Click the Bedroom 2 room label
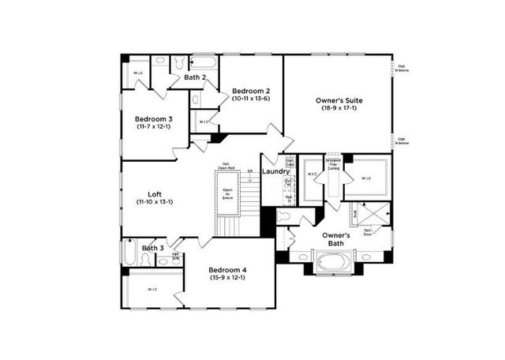click(x=250, y=90)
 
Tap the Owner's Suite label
click(x=339, y=100)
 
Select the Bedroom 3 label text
click(x=154, y=118)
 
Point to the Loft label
click(x=154, y=194)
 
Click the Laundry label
click(x=275, y=171)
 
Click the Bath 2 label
click(x=196, y=77)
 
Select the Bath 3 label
click(x=153, y=248)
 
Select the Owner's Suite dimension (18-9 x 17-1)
click(x=339, y=110)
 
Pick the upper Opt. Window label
click(x=403, y=68)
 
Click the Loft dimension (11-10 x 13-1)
click(x=154, y=203)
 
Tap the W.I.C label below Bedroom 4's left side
click(x=152, y=290)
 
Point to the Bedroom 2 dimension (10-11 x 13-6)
click(x=250, y=99)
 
